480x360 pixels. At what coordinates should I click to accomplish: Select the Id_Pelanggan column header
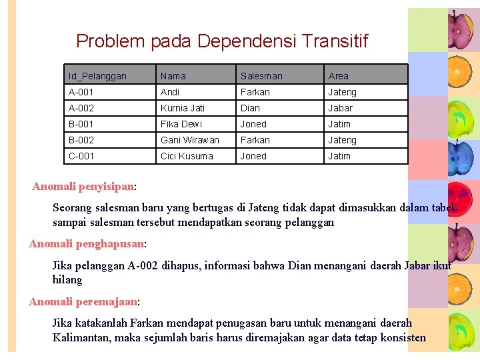click(97, 76)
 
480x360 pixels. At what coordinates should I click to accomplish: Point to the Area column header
click(338, 76)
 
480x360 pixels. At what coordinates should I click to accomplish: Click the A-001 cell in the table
click(81, 92)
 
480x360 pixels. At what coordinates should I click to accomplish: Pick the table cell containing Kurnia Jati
click(183, 108)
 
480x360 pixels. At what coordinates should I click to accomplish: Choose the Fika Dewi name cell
click(181, 124)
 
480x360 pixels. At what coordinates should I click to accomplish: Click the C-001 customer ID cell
click(81, 156)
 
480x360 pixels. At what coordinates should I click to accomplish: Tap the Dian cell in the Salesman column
click(250, 108)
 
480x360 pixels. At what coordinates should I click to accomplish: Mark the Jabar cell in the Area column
click(340, 108)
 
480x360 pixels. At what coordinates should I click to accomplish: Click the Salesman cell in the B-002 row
click(255, 140)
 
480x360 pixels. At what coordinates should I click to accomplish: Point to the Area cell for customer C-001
click(339, 156)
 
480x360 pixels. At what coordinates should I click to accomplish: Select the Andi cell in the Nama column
click(170, 92)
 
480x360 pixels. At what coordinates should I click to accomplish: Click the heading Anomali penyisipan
click(83, 186)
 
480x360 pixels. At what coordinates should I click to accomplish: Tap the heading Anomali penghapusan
click(87, 244)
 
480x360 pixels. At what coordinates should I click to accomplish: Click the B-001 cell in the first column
click(81, 124)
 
